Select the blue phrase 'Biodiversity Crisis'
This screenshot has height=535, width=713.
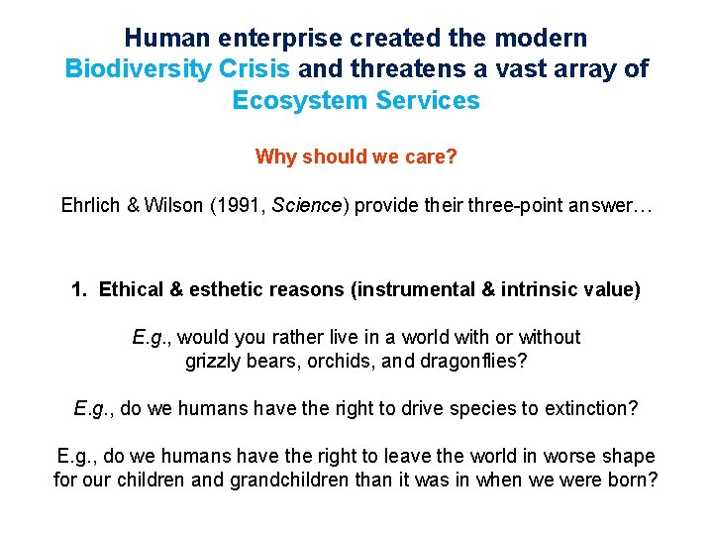(x=177, y=69)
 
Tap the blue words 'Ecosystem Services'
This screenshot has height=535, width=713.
(x=356, y=100)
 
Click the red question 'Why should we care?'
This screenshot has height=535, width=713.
(x=356, y=157)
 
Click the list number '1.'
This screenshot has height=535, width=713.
(x=80, y=290)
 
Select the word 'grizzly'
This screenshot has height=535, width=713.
(x=215, y=361)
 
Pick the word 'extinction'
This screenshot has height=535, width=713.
(x=593, y=408)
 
